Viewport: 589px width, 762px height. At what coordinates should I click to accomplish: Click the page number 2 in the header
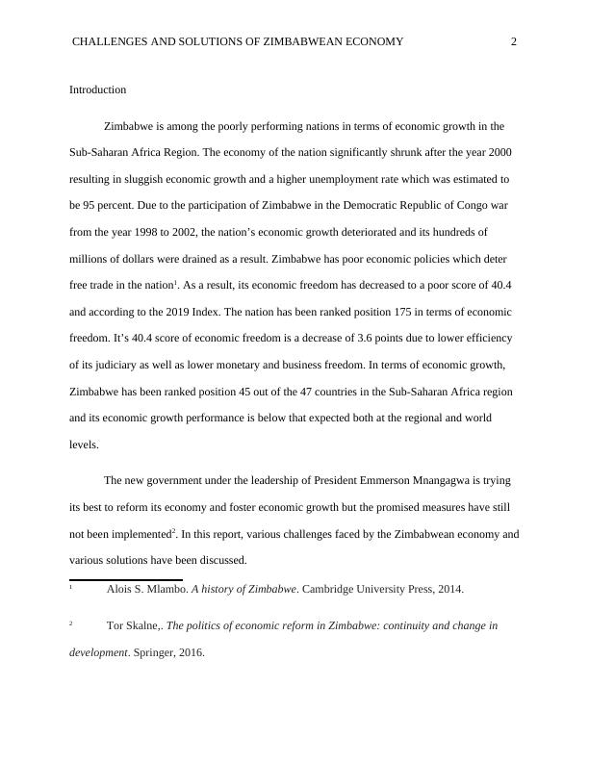pos(514,41)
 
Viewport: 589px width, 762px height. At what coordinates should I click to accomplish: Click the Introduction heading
pos(97,89)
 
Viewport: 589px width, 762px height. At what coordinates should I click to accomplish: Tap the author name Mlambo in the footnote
pos(168,589)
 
